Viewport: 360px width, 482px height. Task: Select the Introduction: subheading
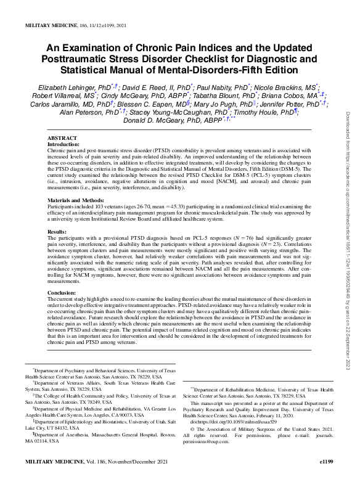point(66,144)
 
